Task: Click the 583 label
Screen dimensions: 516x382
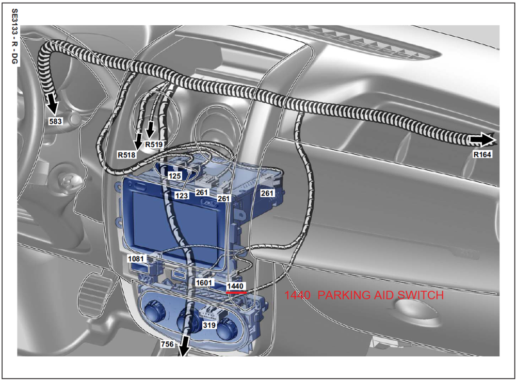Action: click(55, 121)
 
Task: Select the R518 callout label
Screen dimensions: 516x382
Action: click(127, 155)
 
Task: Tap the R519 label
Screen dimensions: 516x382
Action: click(154, 144)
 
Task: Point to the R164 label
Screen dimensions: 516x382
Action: click(482, 154)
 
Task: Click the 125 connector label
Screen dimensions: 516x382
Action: click(174, 176)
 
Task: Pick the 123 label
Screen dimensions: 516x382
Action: click(181, 196)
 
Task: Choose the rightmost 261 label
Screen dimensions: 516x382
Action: click(267, 193)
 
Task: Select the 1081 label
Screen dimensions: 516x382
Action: click(136, 259)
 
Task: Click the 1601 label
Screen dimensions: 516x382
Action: click(204, 282)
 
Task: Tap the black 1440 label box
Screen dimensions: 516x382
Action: click(235, 286)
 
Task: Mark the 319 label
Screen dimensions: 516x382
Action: click(209, 325)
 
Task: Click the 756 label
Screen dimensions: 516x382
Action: click(167, 344)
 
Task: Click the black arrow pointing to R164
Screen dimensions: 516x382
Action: click(483, 140)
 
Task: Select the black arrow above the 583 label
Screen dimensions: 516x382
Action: click(53, 103)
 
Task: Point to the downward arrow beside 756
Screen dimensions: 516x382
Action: click(184, 346)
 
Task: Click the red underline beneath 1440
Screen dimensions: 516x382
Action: click(236, 292)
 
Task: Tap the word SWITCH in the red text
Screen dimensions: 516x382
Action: click(421, 295)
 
